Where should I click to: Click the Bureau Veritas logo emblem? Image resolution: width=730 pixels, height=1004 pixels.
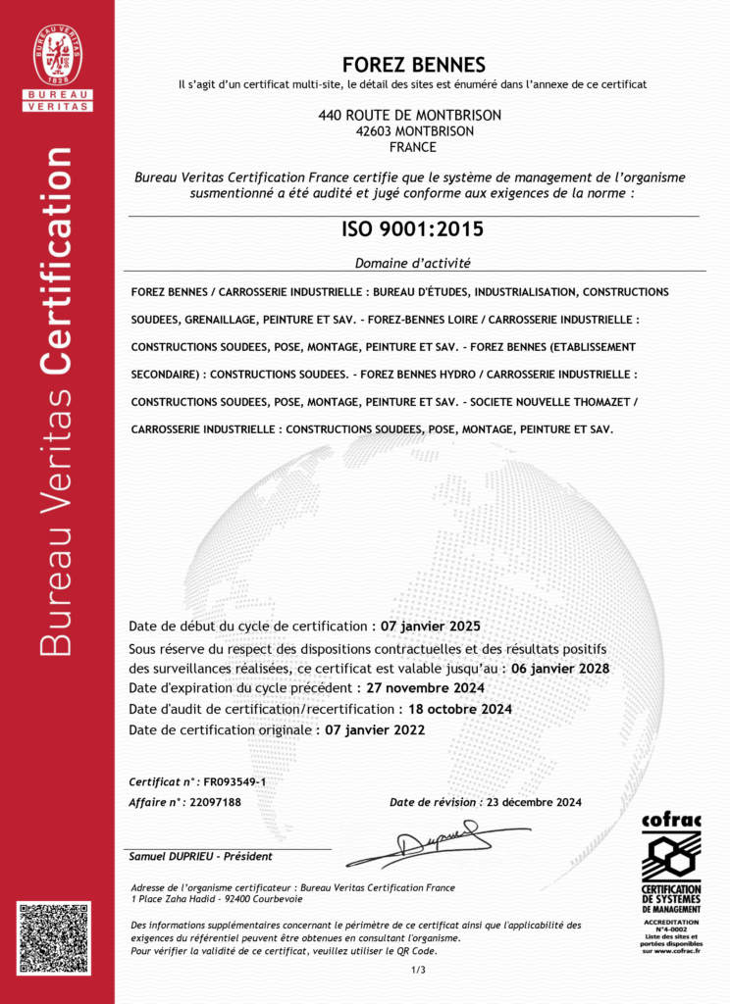[x=58, y=55]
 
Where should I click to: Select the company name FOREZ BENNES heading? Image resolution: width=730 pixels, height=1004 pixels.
[x=413, y=66]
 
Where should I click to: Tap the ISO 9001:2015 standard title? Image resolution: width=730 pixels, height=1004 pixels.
[x=413, y=230]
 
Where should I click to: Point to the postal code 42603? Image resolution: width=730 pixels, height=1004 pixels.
[x=378, y=130]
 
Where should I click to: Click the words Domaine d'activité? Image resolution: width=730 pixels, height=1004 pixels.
[x=413, y=263]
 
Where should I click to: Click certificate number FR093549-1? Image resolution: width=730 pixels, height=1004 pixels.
[x=235, y=781]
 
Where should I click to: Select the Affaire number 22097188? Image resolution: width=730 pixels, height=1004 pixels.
[x=214, y=802]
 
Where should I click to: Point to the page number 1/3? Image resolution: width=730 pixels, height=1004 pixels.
[x=418, y=970]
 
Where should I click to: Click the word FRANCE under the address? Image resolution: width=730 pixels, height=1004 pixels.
[x=412, y=147]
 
